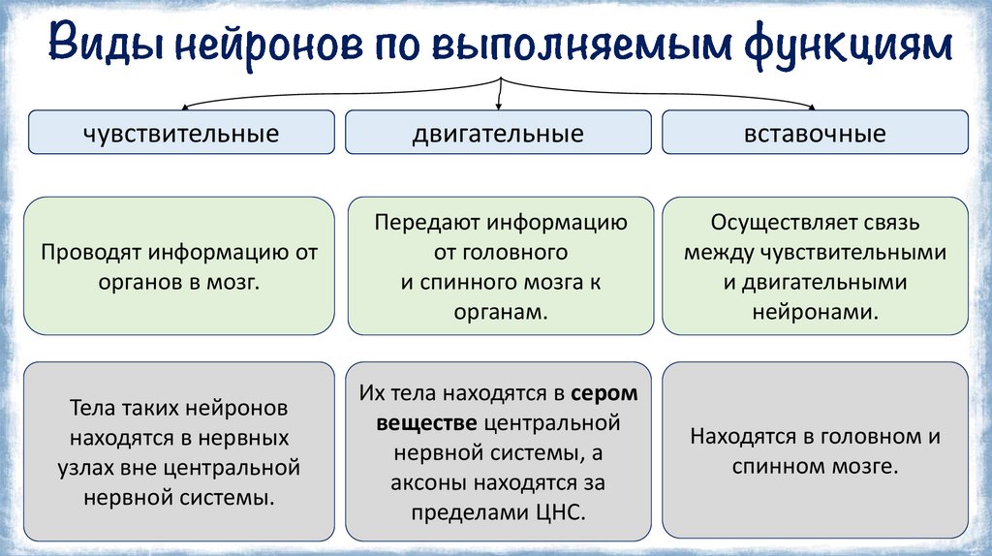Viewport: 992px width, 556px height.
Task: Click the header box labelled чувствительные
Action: coord(181,133)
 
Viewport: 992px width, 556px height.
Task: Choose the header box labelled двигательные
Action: coord(498,133)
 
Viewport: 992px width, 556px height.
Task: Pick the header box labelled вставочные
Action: coord(815,133)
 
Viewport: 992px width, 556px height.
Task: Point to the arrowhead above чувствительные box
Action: coord(184,106)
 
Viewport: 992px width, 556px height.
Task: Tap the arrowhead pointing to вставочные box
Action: coord(812,106)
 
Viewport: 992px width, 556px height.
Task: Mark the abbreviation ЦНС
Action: coord(563,512)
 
